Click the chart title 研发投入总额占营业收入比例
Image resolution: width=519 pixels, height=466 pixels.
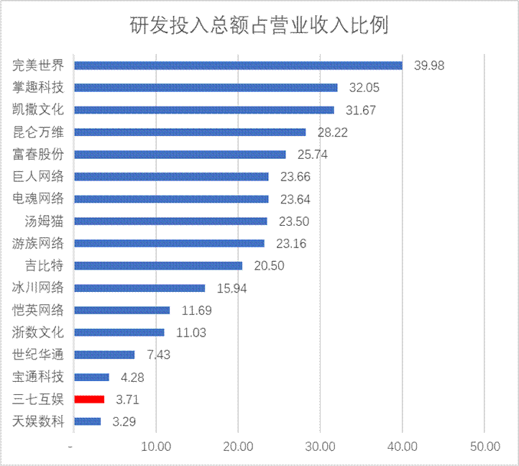coord(259,27)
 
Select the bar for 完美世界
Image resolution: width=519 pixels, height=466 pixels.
coord(238,65)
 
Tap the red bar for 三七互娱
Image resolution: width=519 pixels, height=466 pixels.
coord(89,399)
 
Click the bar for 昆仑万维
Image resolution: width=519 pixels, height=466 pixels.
coord(190,132)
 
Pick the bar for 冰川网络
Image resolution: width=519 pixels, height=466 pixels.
coord(139,288)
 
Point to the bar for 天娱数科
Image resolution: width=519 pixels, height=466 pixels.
coord(88,421)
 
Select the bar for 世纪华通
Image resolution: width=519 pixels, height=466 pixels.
coord(104,355)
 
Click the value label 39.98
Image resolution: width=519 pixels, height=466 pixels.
coord(429,65)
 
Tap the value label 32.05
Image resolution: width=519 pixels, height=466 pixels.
coord(364,88)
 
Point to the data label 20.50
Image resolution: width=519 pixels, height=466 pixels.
coord(270,266)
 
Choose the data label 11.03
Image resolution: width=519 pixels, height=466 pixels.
coord(192,332)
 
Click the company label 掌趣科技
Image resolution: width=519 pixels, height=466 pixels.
coord(39,88)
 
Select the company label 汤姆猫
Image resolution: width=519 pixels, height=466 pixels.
coord(44,221)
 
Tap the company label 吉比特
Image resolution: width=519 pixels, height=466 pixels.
coord(44,265)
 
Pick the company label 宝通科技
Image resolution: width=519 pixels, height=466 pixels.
coord(39,377)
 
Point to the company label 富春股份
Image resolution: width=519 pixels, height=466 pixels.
coord(39,155)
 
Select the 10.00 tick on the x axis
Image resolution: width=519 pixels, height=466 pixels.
coord(156,447)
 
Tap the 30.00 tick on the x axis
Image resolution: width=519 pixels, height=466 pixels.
coord(320,447)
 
